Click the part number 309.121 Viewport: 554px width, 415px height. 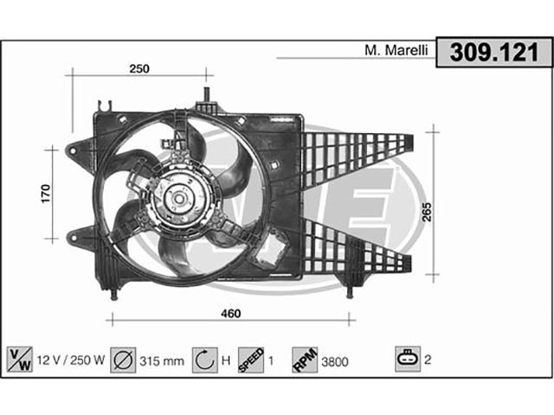[494, 52]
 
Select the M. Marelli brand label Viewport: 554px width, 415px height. [396, 50]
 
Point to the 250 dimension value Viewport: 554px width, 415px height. [139, 68]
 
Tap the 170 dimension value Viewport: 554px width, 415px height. [46, 194]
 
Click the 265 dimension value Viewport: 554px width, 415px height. [427, 212]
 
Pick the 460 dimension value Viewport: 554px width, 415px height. [231, 313]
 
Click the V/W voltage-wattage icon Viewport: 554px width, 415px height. [20, 360]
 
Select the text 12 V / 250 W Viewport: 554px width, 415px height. [71, 360]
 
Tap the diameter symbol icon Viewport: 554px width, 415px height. [123, 360]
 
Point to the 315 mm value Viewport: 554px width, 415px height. [162, 361]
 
